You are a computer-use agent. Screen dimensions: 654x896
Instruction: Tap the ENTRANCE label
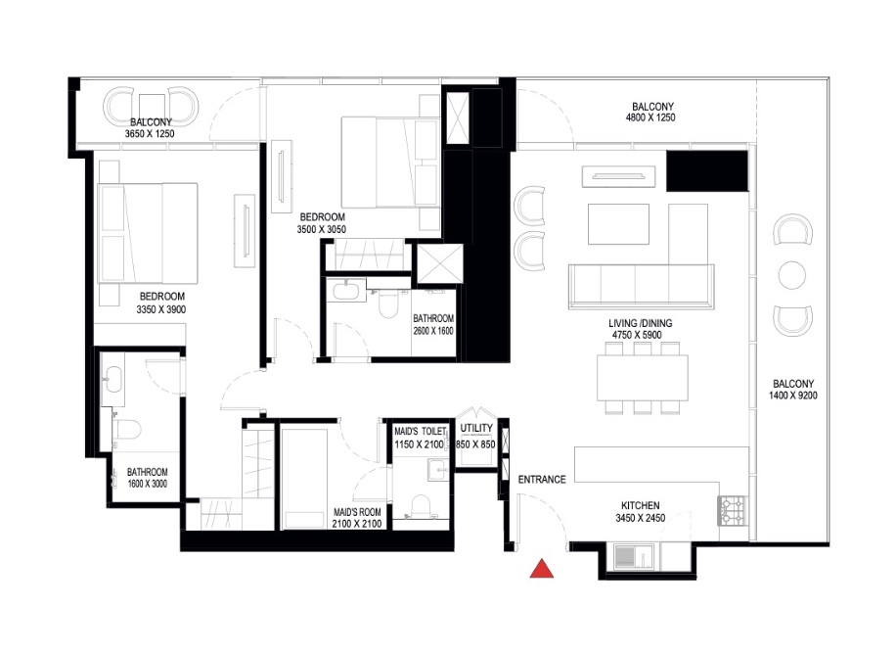point(542,479)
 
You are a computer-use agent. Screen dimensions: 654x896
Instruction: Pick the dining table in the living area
point(643,375)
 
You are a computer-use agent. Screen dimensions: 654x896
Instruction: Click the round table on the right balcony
point(792,275)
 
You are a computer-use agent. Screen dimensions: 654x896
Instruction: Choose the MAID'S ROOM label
point(356,512)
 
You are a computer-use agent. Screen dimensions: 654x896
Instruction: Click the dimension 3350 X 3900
point(161,308)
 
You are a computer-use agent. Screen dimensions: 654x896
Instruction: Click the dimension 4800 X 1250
point(652,117)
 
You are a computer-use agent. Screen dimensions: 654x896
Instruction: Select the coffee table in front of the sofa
point(617,222)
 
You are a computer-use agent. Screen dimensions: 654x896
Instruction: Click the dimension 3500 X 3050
point(322,229)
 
